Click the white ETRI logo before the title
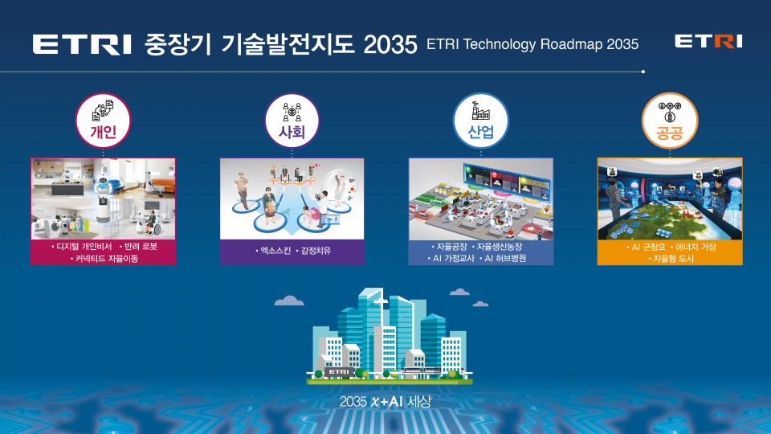click(82, 44)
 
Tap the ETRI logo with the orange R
click(708, 41)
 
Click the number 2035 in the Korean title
click(390, 45)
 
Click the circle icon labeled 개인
click(103, 121)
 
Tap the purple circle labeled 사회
click(292, 121)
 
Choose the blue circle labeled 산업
click(481, 121)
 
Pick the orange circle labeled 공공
click(670, 121)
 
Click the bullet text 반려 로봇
click(141, 247)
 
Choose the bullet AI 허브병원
click(505, 258)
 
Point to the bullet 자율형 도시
click(673, 259)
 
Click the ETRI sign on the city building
click(339, 372)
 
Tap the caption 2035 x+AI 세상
click(385, 402)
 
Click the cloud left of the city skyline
click(289, 301)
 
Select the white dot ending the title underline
click(643, 72)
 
